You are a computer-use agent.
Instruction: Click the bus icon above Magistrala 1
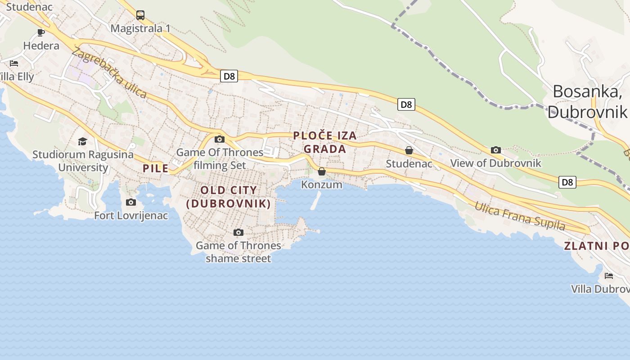coord(140,15)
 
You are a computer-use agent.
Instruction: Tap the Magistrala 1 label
coord(140,28)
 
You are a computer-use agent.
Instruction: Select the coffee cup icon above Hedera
coord(41,32)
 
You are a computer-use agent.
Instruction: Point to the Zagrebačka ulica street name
coord(109,73)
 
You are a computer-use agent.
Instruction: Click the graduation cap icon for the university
coord(82,142)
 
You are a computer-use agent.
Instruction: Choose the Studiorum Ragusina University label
coord(83,161)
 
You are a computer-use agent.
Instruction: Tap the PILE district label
coord(156,169)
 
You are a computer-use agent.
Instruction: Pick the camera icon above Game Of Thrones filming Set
coord(220,139)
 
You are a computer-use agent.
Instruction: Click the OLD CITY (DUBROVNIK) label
coord(229,197)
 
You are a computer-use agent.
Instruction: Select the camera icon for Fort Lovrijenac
coord(131,202)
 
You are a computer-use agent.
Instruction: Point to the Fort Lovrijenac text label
coord(131,216)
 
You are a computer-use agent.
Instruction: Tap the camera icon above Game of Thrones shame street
coord(238,232)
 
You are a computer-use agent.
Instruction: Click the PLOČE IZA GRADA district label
coord(325,142)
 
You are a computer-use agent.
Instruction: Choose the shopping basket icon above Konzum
coord(322,171)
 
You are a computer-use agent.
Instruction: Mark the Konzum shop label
coord(322,184)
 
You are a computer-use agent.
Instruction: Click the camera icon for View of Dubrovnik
coord(496,150)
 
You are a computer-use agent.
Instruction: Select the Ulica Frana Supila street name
coord(520,216)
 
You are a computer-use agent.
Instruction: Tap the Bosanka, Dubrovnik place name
coord(587,101)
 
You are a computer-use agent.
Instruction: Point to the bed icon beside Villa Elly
coord(14,63)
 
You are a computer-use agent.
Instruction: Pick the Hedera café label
coord(41,45)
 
